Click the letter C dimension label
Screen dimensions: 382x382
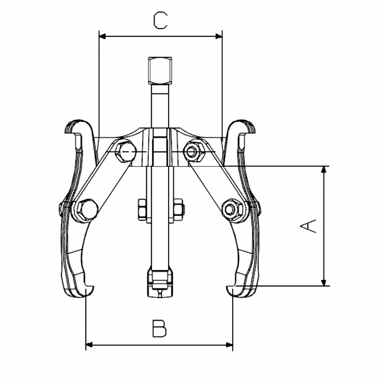point(160,20)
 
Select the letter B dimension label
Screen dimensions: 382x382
point(159,328)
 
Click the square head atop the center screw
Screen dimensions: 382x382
point(159,71)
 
